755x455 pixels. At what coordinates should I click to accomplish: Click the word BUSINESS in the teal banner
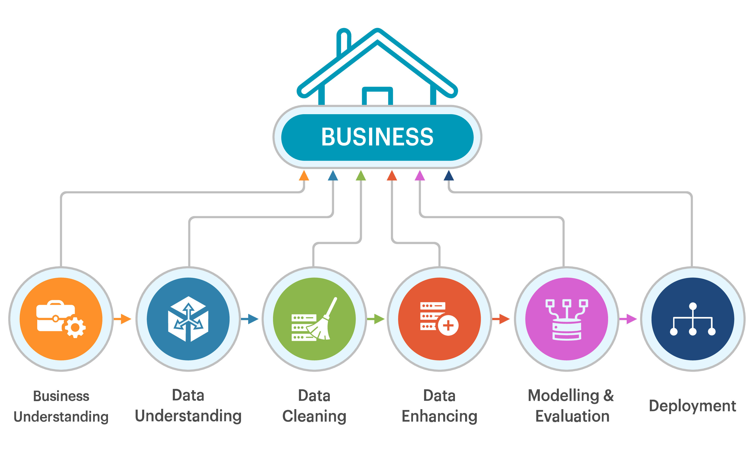pos(377,137)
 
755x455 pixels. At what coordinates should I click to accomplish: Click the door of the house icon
pos(377,96)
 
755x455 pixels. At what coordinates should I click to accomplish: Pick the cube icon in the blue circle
pos(188,319)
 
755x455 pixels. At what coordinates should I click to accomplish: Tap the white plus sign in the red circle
pos(448,325)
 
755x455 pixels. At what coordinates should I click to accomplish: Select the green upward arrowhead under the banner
pos(361,176)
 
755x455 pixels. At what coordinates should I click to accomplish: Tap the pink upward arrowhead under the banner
pos(419,176)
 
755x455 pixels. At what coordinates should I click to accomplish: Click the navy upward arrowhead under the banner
pos(448,176)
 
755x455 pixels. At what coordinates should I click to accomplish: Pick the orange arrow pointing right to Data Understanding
pos(125,319)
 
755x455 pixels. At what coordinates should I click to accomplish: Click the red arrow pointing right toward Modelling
pos(503,319)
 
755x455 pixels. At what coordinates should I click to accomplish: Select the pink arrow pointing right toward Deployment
pos(631,319)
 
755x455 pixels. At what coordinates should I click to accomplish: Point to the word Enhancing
pos(439,416)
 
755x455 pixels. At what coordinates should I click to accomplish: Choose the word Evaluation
pos(572,416)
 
